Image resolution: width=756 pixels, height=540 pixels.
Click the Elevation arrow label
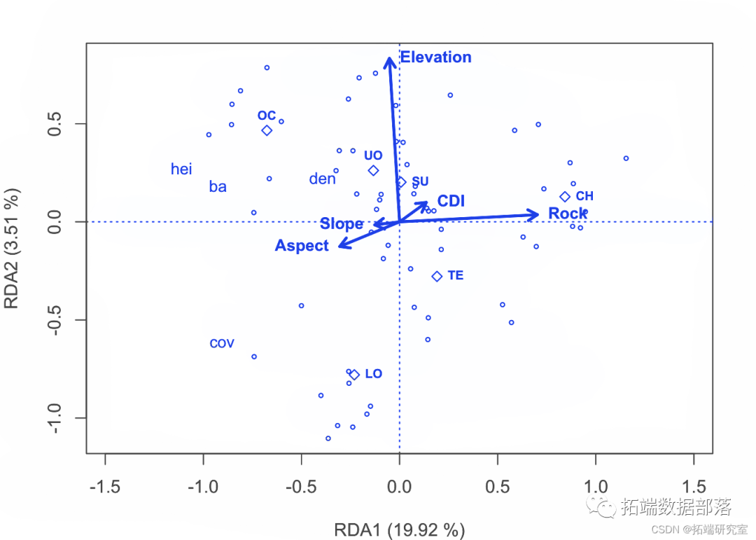(435, 57)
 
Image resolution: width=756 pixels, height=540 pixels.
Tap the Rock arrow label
(567, 214)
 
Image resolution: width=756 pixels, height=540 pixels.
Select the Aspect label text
(302, 246)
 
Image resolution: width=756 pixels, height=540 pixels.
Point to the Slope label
(342, 224)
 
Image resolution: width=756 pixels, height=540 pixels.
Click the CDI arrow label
(451, 202)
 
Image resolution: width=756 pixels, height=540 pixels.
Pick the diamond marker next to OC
(267, 130)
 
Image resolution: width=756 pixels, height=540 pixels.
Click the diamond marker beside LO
(354, 375)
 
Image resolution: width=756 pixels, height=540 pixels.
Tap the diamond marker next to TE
(437, 277)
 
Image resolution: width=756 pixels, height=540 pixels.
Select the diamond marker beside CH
(565, 197)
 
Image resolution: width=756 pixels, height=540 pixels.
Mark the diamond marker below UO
(373, 170)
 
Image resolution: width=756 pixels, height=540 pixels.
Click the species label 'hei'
(181, 169)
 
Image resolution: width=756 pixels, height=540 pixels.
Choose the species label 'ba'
(218, 187)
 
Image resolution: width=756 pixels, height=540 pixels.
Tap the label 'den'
(322, 179)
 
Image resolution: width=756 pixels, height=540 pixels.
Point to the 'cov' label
(222, 344)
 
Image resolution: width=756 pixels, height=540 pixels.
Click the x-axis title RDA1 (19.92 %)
(399, 529)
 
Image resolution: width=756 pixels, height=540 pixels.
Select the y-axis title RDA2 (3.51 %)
(12, 247)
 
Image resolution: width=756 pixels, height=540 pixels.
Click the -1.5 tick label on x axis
(105, 487)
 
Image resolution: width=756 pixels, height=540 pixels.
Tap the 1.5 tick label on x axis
(694, 487)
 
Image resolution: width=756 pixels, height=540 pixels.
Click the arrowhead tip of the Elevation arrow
(389, 57)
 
